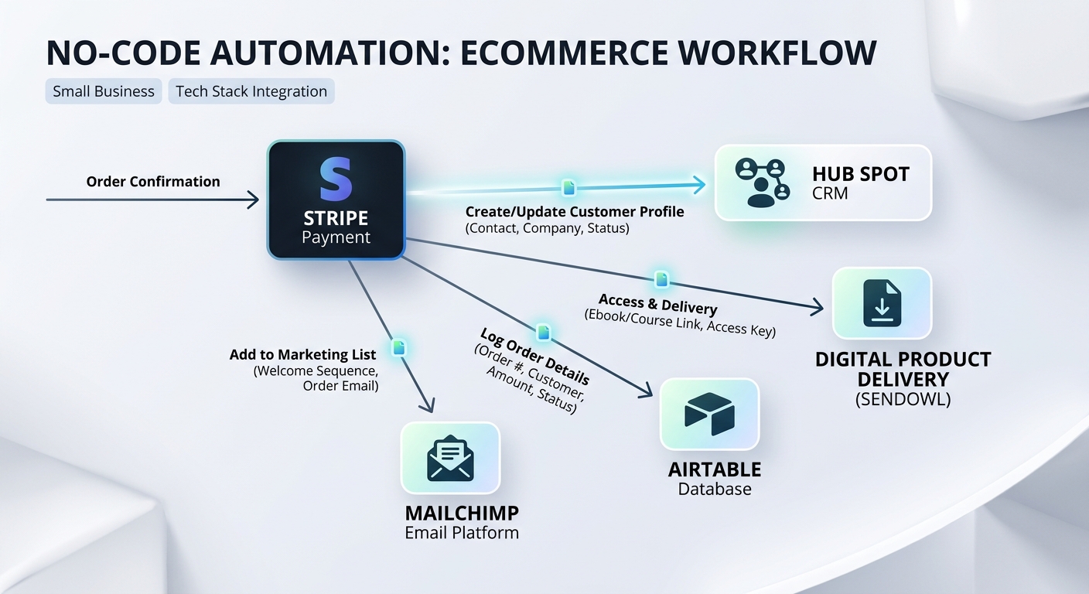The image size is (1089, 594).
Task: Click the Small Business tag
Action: [x=104, y=91]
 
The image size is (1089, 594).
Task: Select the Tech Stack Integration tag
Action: [x=251, y=91]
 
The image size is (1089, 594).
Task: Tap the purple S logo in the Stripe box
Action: [x=336, y=179]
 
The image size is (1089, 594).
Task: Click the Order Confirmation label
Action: [x=153, y=182]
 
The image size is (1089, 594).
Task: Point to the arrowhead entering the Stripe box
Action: [x=254, y=200]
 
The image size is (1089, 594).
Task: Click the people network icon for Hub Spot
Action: [x=763, y=183]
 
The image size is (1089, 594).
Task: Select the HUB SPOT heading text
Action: [x=861, y=174]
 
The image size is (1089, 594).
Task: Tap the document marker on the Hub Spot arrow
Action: [x=568, y=187]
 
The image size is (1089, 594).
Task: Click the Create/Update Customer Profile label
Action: [x=575, y=212]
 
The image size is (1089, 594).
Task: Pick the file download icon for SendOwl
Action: [x=882, y=303]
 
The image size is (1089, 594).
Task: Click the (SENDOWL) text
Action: [x=903, y=399]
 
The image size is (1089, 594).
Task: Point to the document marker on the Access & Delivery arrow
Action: [x=661, y=279]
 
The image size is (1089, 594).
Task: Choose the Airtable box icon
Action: [x=709, y=414]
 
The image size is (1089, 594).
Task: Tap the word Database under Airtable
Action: [x=715, y=489]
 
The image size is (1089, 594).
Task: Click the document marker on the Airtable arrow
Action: [x=544, y=333]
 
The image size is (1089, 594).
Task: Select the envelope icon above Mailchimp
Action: [x=450, y=458]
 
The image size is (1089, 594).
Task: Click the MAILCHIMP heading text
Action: [x=462, y=514]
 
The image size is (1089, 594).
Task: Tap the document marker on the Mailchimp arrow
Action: [x=398, y=347]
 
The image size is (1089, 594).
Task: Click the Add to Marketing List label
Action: [x=303, y=355]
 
